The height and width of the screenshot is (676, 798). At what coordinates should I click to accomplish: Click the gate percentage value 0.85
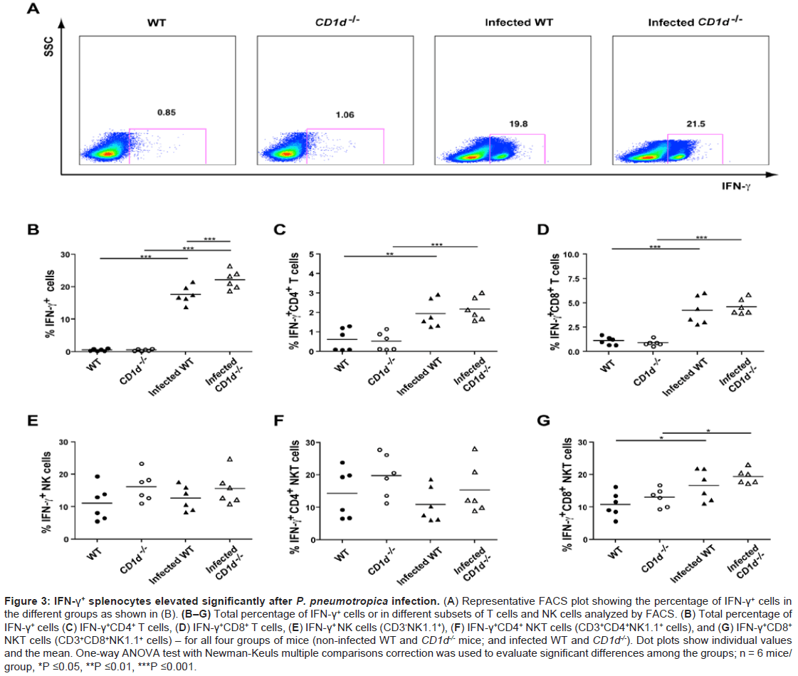pyautogui.click(x=167, y=112)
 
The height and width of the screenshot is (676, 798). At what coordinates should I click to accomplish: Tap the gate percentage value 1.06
pyautogui.click(x=345, y=115)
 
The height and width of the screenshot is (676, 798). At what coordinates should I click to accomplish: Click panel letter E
pyautogui.click(x=33, y=420)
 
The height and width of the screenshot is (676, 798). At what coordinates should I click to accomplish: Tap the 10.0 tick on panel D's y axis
pyautogui.click(x=569, y=254)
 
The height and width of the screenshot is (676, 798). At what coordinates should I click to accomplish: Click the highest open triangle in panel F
pyautogui.click(x=474, y=449)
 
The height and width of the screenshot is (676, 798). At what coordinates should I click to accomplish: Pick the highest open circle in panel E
pyautogui.click(x=142, y=464)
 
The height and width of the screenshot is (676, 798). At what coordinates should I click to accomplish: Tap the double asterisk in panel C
pyautogui.click(x=390, y=252)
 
